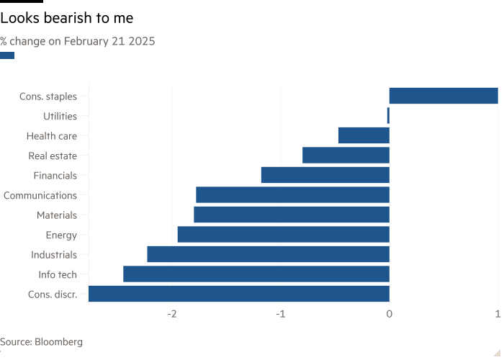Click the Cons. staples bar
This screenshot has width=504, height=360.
pyautogui.click(x=443, y=96)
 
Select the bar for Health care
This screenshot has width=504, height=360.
pyautogui.click(x=363, y=135)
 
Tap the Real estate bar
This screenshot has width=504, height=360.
pyautogui.click(x=346, y=156)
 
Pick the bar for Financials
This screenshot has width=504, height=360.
pyautogui.click(x=325, y=175)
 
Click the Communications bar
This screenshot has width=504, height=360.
pyautogui.click(x=292, y=195)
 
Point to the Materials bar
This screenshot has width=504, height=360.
pyautogui.click(x=291, y=215)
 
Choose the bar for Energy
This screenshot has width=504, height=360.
pyautogui.click(x=283, y=235)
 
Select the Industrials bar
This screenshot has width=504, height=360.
pyautogui.click(x=268, y=254)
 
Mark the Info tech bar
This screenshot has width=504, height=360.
pyautogui.click(x=256, y=274)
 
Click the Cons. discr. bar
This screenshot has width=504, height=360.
pyautogui.click(x=238, y=294)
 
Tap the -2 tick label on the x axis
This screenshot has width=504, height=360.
pyautogui.click(x=172, y=314)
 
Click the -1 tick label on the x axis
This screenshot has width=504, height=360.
pyautogui.click(x=281, y=314)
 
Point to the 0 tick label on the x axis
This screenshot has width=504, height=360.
pyautogui.click(x=390, y=314)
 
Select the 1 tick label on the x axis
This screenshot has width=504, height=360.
pyautogui.click(x=498, y=314)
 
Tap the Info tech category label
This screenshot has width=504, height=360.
pyautogui.click(x=58, y=274)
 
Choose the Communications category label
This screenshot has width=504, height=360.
pyautogui.click(x=40, y=195)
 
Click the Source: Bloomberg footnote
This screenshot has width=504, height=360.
pyautogui.click(x=41, y=342)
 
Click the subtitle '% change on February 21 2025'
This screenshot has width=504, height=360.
pyautogui.click(x=78, y=41)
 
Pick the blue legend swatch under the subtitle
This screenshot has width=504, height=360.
pyautogui.click(x=7, y=55)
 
